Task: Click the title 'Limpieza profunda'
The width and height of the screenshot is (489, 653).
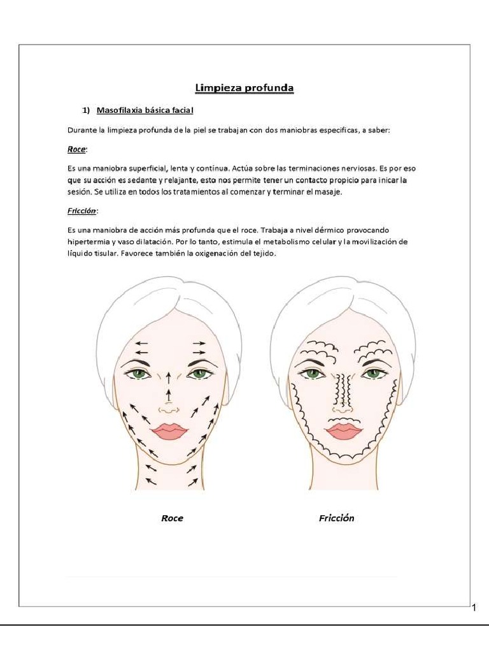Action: (244, 89)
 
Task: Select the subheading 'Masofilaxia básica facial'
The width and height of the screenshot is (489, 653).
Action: (145, 110)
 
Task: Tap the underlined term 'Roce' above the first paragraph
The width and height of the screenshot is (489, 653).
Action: (76, 149)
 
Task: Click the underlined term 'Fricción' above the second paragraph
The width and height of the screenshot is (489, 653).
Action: (81, 210)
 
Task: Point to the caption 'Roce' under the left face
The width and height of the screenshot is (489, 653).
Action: (172, 518)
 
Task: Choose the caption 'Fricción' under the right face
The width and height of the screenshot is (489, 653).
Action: (336, 518)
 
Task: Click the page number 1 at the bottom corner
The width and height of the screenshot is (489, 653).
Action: (474, 608)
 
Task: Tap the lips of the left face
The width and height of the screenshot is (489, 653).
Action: (169, 432)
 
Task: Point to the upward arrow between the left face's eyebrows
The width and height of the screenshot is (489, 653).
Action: (169, 376)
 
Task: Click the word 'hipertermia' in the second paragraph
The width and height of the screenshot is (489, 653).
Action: (89, 242)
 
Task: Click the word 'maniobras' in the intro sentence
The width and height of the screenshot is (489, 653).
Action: (299, 130)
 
